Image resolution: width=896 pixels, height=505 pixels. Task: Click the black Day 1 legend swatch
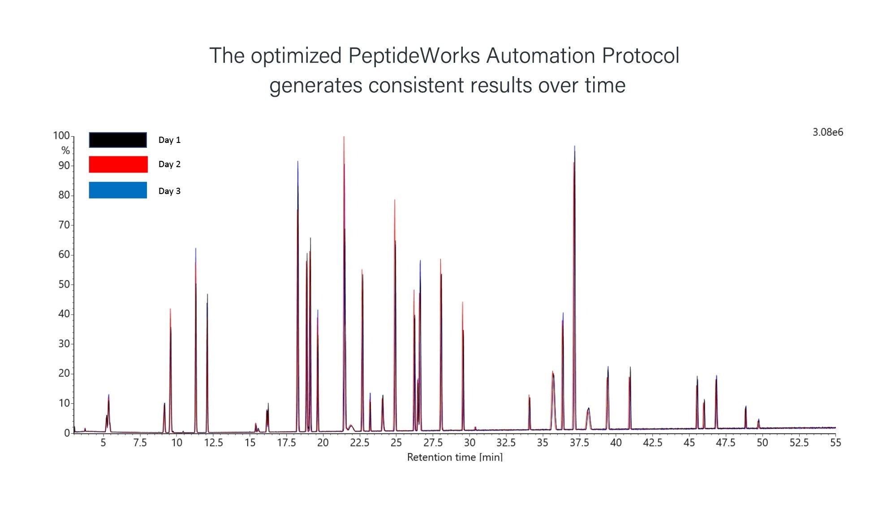tap(118, 140)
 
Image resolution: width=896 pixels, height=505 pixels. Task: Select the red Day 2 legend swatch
tap(118, 164)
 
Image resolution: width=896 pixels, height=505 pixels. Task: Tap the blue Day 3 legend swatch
tap(118, 190)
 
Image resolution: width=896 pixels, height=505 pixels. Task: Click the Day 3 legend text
tap(169, 191)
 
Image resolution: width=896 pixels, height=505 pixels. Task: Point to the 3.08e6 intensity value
tap(828, 132)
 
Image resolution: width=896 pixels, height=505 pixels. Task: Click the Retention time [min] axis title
tap(455, 457)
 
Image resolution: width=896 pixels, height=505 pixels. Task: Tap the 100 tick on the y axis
tap(61, 135)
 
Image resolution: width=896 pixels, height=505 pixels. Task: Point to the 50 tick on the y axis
tap(64, 284)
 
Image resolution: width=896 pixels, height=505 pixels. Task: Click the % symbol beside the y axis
tap(65, 151)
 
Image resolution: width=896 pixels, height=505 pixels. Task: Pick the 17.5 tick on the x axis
tap(287, 443)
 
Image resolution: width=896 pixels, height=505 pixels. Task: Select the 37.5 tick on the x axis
tap(579, 443)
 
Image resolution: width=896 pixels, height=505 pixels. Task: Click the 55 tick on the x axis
tap(836, 443)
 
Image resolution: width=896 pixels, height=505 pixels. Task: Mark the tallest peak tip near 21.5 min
tap(344, 136)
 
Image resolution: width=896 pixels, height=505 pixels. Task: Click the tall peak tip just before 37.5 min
tap(574, 146)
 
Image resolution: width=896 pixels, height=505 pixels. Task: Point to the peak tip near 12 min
tap(207, 294)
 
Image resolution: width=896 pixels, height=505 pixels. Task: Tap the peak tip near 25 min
tap(395, 200)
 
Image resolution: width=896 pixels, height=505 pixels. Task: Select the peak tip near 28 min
tap(440, 259)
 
